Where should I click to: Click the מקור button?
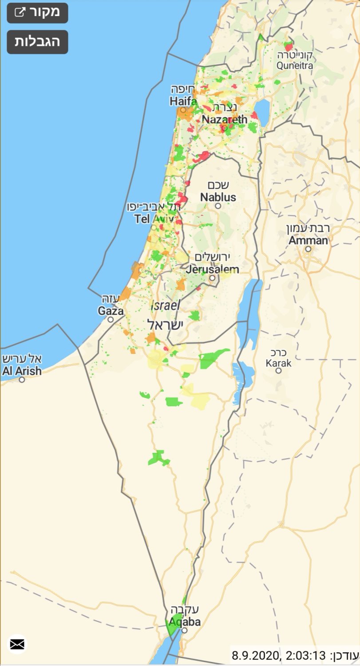37,12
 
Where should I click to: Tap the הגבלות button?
37,42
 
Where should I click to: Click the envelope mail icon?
17,644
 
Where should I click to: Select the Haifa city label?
183,101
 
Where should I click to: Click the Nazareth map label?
224,119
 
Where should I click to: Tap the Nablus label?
218,197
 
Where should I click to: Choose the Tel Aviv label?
153,218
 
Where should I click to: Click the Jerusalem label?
212,269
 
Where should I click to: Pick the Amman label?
308,240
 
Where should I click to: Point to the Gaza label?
111,311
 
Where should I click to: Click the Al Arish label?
22,371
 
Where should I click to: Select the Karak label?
279,363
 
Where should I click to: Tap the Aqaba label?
184,622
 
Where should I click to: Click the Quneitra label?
294,65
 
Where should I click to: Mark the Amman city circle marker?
308,249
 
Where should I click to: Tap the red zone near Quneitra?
289,46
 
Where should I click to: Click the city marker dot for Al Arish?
22,380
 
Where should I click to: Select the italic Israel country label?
166,305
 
